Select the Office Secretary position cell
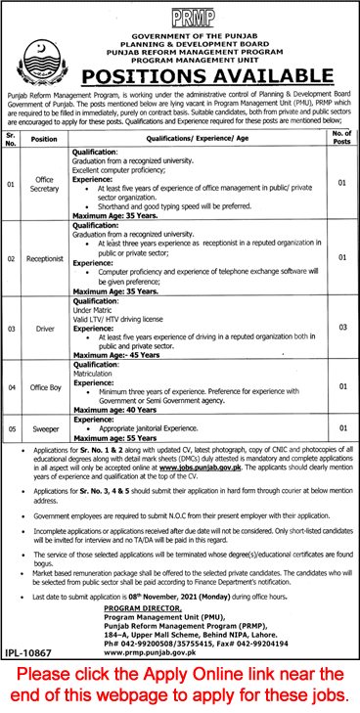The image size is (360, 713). click(x=44, y=182)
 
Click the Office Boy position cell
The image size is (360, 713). click(x=44, y=385)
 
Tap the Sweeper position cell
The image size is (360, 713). click(x=44, y=427)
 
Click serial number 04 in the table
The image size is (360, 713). click(x=12, y=385)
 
